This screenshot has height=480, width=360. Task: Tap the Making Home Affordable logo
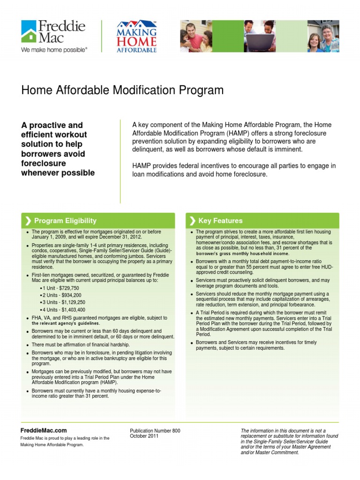(x=136, y=37)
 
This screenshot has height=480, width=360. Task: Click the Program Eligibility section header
(x=65, y=221)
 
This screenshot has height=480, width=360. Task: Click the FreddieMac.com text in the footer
(x=44, y=430)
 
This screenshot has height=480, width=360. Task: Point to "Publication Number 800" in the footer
(x=155, y=431)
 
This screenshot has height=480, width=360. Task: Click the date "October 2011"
(x=144, y=436)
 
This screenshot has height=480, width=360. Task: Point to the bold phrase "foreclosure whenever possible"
(x=58, y=168)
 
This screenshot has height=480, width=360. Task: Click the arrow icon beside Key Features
(x=193, y=221)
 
